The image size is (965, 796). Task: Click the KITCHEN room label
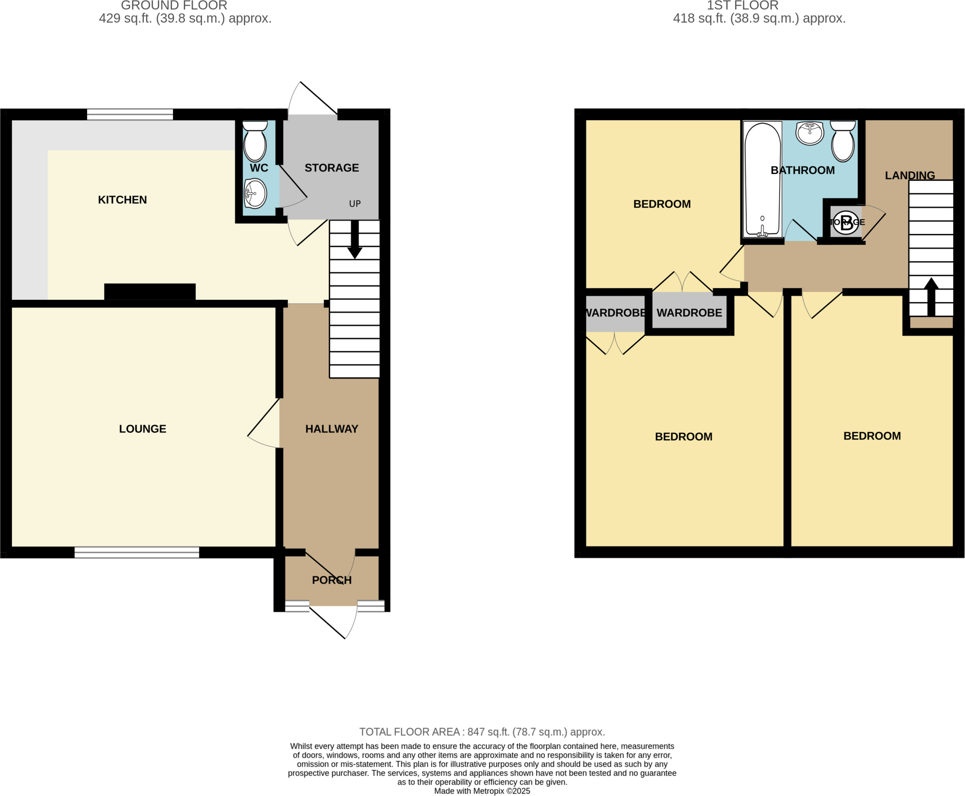pyautogui.click(x=122, y=200)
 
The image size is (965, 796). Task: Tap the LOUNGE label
pyautogui.click(x=142, y=429)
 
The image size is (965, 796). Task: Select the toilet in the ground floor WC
pyautogui.click(x=255, y=142)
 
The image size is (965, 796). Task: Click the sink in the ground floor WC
pyautogui.click(x=255, y=193)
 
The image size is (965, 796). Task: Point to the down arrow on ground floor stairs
pyautogui.click(x=354, y=240)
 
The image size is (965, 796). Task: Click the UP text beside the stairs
pyautogui.click(x=355, y=204)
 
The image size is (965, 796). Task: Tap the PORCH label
pyautogui.click(x=332, y=580)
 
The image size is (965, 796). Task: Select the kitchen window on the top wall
pyautogui.click(x=130, y=114)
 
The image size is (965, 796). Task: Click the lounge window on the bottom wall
pyautogui.click(x=137, y=552)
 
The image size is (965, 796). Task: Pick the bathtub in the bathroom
pyautogui.click(x=762, y=179)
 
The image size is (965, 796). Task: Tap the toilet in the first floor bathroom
pyautogui.click(x=843, y=142)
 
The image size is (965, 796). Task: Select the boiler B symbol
pyautogui.click(x=846, y=222)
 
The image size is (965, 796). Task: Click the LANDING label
pyautogui.click(x=909, y=175)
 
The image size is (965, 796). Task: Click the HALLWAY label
pyautogui.click(x=332, y=429)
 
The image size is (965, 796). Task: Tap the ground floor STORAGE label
pyautogui.click(x=332, y=168)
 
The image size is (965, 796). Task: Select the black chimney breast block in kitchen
pyautogui.click(x=150, y=291)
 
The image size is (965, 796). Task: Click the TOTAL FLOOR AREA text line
pyautogui.click(x=482, y=732)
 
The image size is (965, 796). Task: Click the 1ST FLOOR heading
pyautogui.click(x=742, y=6)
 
